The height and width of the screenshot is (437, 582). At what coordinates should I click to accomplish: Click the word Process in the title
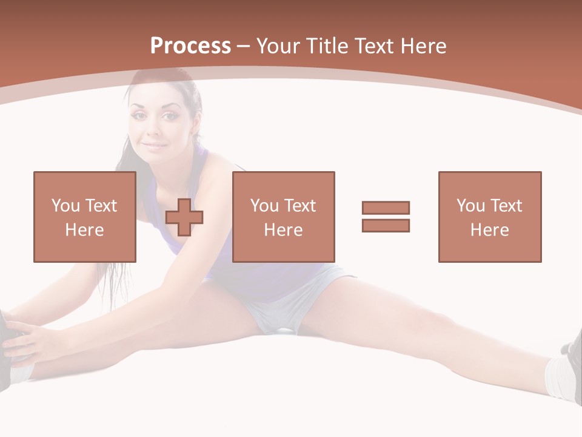[190, 46]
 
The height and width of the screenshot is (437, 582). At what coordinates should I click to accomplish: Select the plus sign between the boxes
[184, 217]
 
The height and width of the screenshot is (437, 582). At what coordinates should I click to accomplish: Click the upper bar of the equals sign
[386, 208]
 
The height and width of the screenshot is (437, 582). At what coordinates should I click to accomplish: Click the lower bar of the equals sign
[386, 226]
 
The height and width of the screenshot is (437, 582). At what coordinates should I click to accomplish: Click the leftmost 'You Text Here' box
[85, 217]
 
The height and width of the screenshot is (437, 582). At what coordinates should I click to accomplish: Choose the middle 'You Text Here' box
[283, 217]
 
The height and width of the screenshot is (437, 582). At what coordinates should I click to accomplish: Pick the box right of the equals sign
[490, 217]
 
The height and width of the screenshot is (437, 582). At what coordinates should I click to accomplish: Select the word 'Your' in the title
[276, 46]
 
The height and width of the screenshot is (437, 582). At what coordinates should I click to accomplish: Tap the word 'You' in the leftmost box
[65, 206]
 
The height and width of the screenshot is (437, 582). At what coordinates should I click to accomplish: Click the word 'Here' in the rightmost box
[490, 230]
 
